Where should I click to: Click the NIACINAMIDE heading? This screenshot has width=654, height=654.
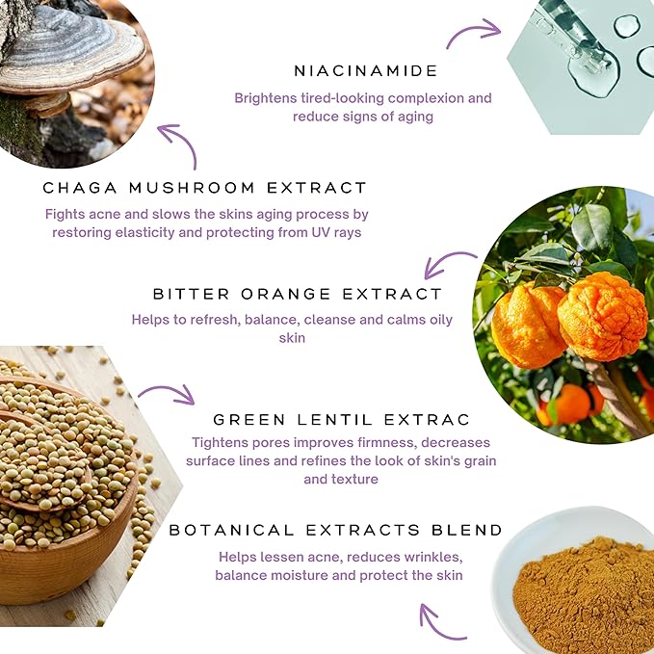pos(365,71)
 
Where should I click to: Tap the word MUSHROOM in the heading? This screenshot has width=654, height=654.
pos(192,188)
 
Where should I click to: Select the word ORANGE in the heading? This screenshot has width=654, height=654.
pos(286,294)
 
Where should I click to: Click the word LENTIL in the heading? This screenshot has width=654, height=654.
pos(335,420)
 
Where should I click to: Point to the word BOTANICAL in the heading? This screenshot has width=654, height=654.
pos(232,530)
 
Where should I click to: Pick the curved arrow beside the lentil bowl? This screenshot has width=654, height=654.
pos(168,393)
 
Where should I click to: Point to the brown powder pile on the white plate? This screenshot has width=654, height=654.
pos(584,596)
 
